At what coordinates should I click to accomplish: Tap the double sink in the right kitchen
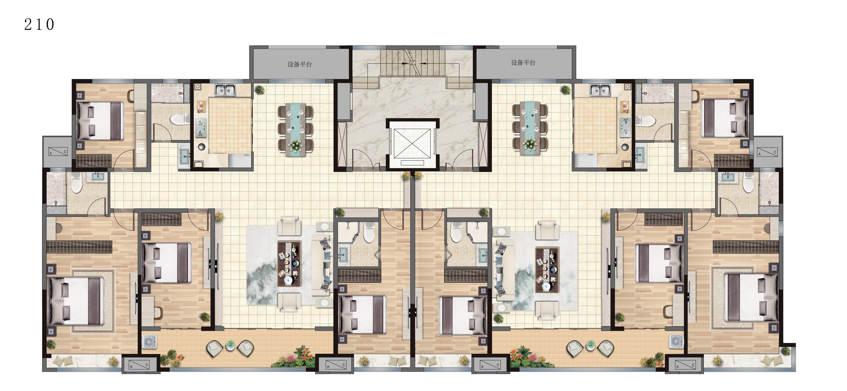point(600,90)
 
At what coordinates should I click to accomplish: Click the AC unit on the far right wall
point(768,152)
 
